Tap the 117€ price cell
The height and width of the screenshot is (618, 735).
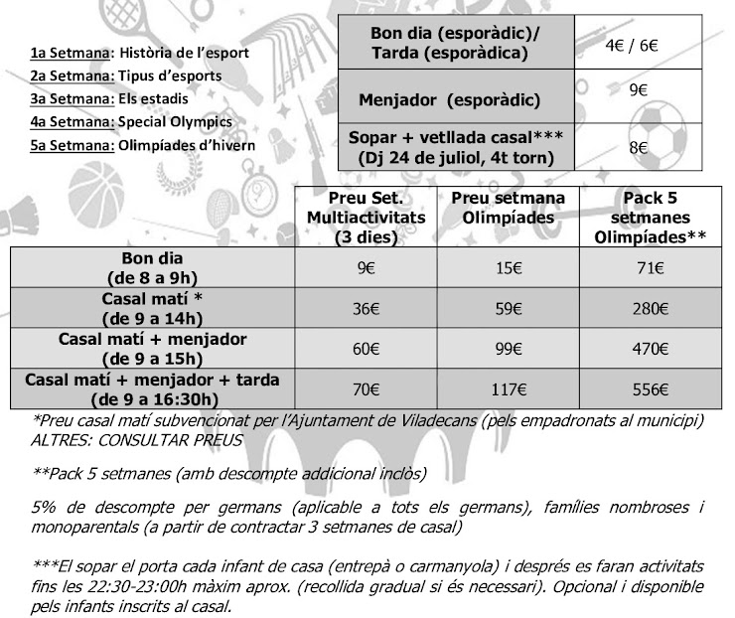pos(509,389)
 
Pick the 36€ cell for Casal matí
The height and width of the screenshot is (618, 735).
pos(367,308)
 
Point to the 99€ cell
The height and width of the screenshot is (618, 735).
pos(509,349)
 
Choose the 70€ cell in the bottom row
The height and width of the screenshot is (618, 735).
pos(367,389)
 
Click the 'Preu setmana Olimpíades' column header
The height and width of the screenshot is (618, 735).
pos(509,207)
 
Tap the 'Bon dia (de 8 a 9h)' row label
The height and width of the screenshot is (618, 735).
pos(153,267)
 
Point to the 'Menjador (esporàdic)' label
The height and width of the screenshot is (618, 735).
pos(450,100)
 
